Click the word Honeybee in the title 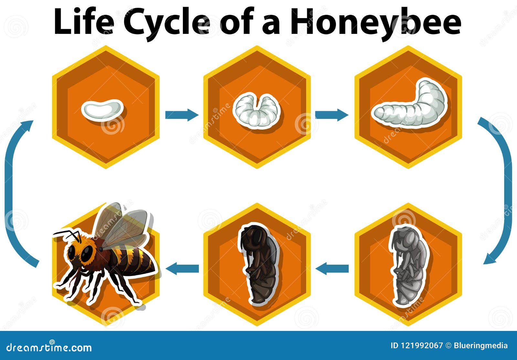(x=375, y=21)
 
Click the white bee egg (x=102, y=109)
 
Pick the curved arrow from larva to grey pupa (x=504, y=191)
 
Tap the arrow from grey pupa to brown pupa (x=332, y=268)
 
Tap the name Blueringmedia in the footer (x=480, y=345)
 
